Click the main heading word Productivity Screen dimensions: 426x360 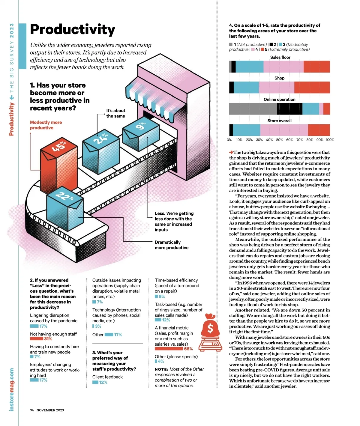[73, 30]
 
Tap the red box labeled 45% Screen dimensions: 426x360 [58, 168]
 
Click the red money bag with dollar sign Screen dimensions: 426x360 [211, 328]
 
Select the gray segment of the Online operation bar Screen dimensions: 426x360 [253, 109]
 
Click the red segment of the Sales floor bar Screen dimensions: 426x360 [316, 67]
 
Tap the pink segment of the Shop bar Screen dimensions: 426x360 [276, 88]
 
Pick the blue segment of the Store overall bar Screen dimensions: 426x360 [246, 130]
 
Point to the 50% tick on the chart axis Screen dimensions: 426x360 [279, 140]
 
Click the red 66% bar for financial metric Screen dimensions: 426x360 [169, 349]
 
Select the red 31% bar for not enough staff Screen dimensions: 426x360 [36, 339]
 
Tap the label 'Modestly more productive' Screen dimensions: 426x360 [46, 125]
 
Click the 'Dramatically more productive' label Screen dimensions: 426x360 [172, 245]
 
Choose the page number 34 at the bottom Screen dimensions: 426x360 [32, 410]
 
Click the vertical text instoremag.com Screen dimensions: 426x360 [12, 389]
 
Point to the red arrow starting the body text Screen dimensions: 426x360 [231, 152]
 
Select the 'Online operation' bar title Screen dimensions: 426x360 [279, 100]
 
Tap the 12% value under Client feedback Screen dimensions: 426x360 [103, 383]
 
